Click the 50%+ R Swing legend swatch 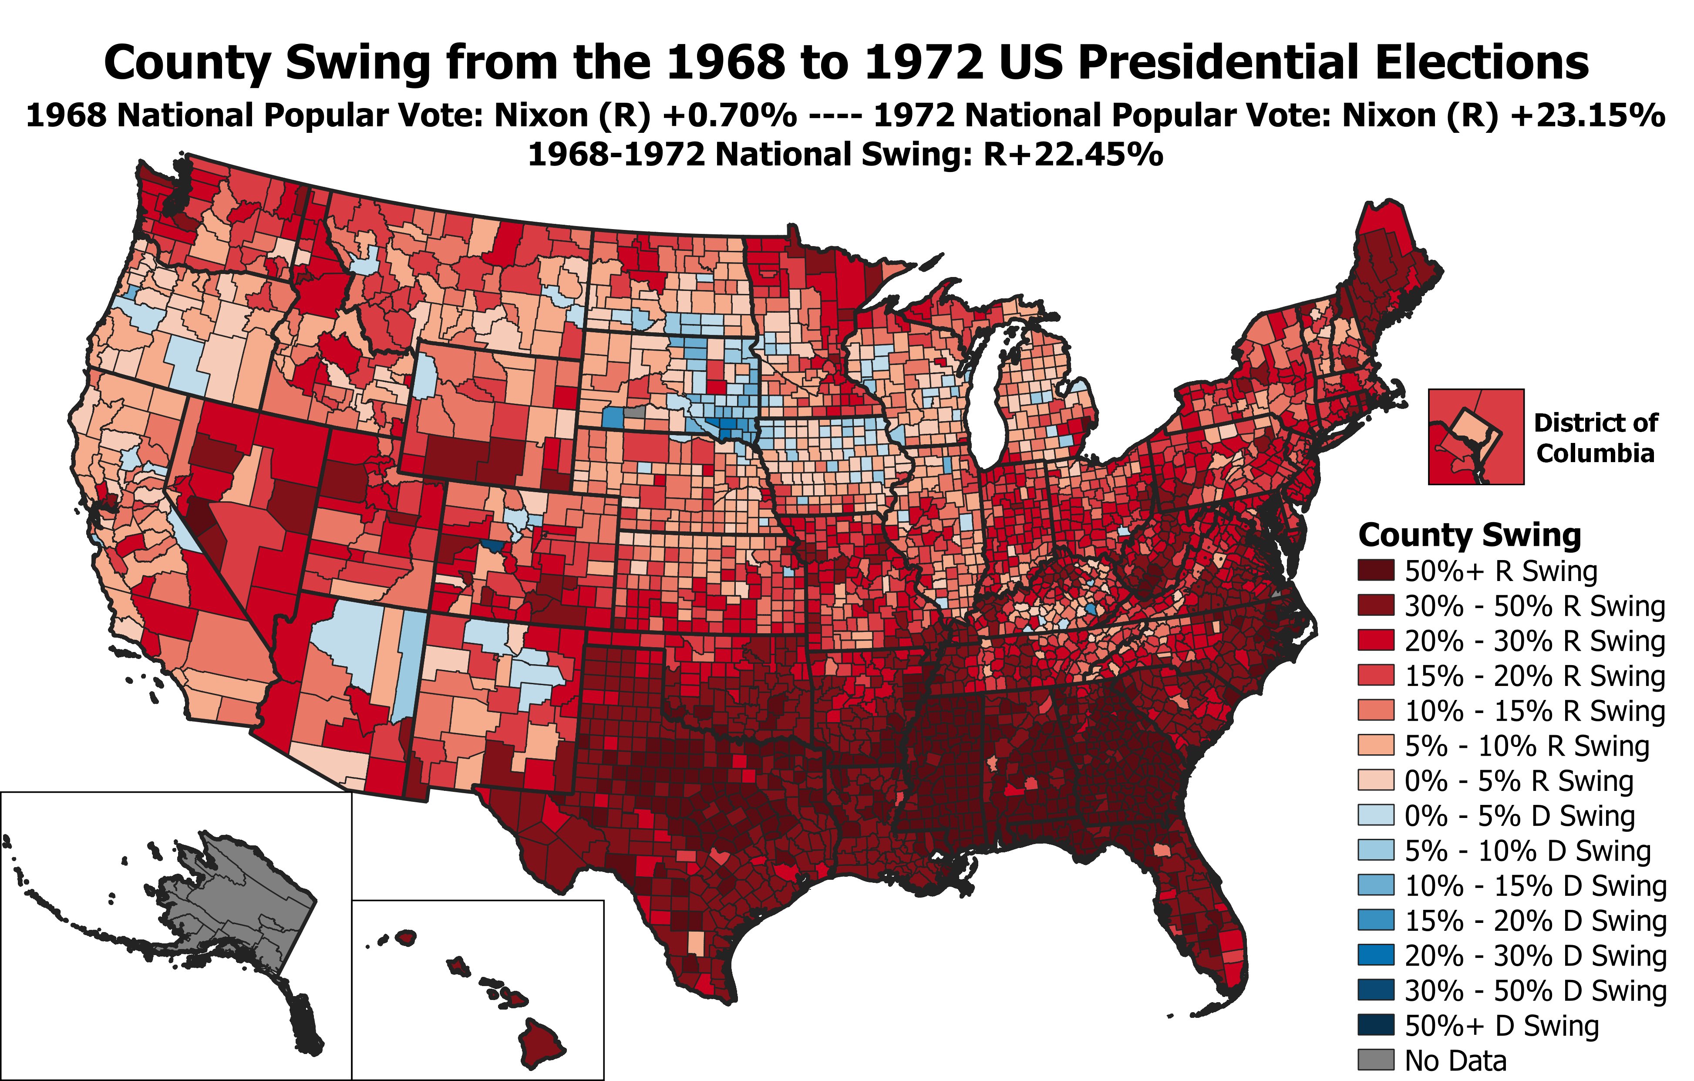(1375, 571)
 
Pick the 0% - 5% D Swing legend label (1519, 816)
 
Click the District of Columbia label (1595, 438)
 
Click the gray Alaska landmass (232, 908)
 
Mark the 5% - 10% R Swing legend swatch (1375, 746)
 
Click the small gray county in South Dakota (635, 412)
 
